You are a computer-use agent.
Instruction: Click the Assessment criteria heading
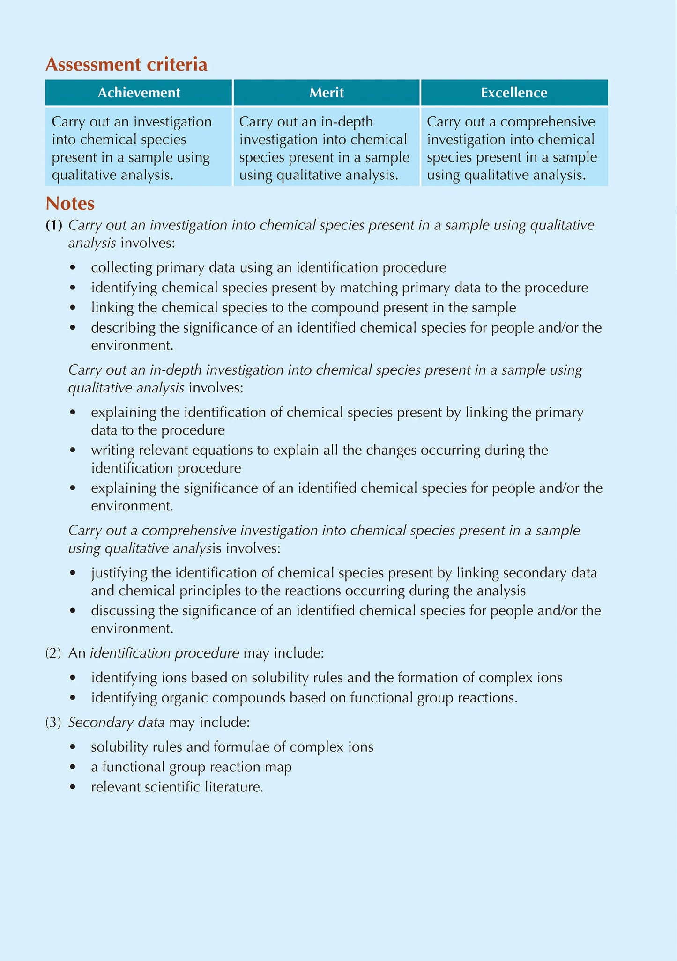pyautogui.click(x=126, y=65)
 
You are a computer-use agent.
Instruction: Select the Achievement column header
pyautogui.click(x=139, y=93)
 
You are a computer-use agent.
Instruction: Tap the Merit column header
pyautogui.click(x=327, y=93)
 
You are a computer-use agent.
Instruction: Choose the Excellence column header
pyautogui.click(x=514, y=93)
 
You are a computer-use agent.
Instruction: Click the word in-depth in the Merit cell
pyautogui.click(x=347, y=122)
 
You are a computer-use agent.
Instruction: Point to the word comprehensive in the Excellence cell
pyautogui.click(x=548, y=122)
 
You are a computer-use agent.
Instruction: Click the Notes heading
pyautogui.click(x=70, y=204)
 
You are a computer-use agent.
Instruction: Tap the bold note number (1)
pyautogui.click(x=53, y=226)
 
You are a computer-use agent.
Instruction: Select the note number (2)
pyautogui.click(x=53, y=653)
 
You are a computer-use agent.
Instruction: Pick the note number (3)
pyautogui.click(x=53, y=722)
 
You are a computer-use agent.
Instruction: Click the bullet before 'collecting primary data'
pyautogui.click(x=72, y=268)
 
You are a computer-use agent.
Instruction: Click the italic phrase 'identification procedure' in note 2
pyautogui.click(x=164, y=653)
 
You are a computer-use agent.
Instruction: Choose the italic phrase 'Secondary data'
pyautogui.click(x=116, y=722)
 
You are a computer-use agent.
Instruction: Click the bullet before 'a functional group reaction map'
pyautogui.click(x=72, y=767)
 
